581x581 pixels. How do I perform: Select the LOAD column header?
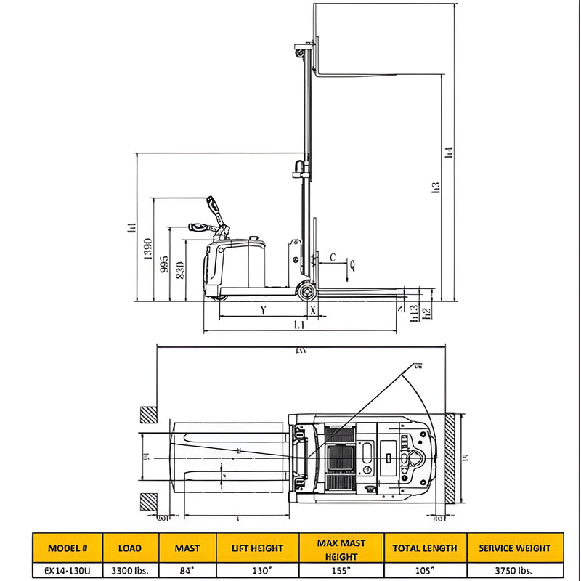point(129,548)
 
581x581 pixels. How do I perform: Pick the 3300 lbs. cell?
point(129,571)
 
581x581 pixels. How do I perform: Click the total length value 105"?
point(425,571)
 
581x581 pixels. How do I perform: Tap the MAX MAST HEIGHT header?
point(341,549)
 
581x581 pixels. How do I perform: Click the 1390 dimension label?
point(147,249)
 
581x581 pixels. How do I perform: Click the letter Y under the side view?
point(262,310)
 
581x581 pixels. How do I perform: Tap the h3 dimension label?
point(436,187)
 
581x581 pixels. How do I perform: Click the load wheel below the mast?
point(307,292)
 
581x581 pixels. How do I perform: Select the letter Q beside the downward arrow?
point(352,266)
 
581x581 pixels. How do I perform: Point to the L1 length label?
point(298,325)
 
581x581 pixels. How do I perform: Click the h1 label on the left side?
point(131,227)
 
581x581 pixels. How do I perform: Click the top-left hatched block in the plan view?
point(149,415)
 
